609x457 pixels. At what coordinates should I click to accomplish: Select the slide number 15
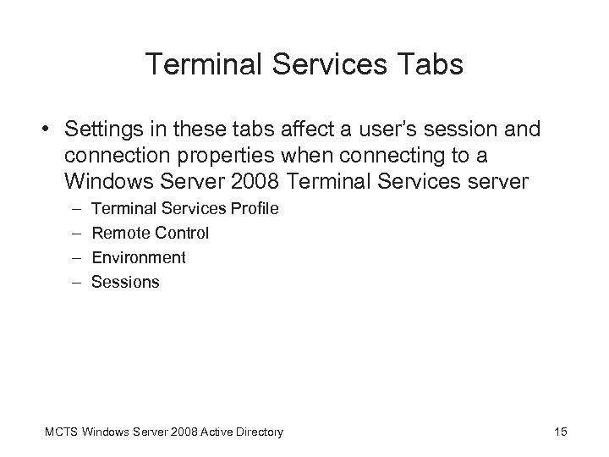560,432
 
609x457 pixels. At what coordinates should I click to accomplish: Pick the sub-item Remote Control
150,232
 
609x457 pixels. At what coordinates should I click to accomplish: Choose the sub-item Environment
138,257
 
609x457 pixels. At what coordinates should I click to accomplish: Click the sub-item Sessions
124,282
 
